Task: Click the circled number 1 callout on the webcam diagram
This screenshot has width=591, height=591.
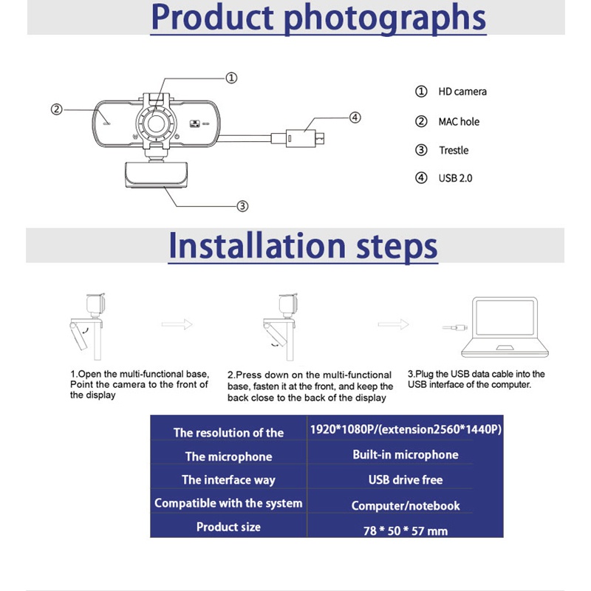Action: coord(231,78)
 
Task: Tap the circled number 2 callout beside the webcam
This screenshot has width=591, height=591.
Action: coord(57,109)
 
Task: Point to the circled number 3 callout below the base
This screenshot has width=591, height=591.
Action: coord(242,206)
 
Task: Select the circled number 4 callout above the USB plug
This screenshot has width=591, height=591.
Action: coord(355,117)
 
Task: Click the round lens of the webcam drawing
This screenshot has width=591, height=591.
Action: coord(156,123)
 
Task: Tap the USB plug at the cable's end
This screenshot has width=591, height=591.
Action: coord(304,139)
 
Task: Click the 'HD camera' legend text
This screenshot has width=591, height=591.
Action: coord(462,92)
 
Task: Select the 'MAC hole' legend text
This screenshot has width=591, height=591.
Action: coord(459,122)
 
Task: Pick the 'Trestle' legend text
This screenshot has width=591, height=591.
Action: coord(454,151)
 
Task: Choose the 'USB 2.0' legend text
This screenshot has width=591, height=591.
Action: coord(455,178)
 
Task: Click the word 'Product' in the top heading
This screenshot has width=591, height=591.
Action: coord(213,17)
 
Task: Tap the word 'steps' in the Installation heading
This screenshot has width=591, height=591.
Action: coord(397,247)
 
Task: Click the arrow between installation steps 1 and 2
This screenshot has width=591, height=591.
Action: coord(177,324)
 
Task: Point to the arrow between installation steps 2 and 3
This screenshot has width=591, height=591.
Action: coord(393,324)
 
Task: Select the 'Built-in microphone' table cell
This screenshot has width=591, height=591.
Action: coord(406,454)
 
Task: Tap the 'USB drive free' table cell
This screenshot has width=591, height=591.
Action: coord(406,479)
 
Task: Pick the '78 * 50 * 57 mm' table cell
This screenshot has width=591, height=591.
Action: coord(406,530)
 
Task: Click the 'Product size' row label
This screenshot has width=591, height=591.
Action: coord(228,527)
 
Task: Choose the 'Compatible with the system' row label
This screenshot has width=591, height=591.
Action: coord(228,503)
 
